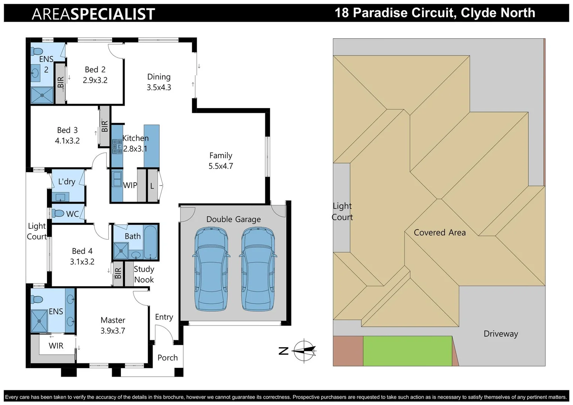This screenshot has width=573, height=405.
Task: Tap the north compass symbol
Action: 304,351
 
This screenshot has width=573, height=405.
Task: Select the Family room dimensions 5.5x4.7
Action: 221,166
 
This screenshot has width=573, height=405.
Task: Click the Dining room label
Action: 159,77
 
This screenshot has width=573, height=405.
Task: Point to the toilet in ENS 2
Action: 37,51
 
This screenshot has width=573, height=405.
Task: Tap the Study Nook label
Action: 144,274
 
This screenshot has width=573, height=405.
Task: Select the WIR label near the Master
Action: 56,346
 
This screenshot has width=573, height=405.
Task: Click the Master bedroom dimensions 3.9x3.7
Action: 113,331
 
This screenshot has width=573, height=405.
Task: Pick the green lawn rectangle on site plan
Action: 407,351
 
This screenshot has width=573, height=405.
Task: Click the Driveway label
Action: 501,334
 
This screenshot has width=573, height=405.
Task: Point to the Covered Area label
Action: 439,232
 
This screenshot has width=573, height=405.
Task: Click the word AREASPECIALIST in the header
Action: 93,14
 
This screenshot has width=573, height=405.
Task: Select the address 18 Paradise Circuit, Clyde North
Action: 435,13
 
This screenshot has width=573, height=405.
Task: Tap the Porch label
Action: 167,358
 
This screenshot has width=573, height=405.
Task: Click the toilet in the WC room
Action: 59,213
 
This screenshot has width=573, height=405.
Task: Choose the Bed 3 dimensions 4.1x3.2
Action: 67,141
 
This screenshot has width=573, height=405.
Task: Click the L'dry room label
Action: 67,181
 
